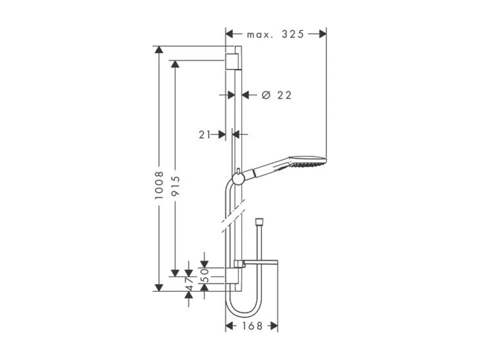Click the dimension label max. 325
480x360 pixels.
275,35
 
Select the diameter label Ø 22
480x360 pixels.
276,95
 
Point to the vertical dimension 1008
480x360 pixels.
160,186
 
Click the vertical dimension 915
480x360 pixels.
175,186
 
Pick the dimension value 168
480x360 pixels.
252,326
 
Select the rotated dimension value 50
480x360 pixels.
204,275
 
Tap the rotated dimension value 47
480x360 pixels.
189,284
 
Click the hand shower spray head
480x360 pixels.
308,162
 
